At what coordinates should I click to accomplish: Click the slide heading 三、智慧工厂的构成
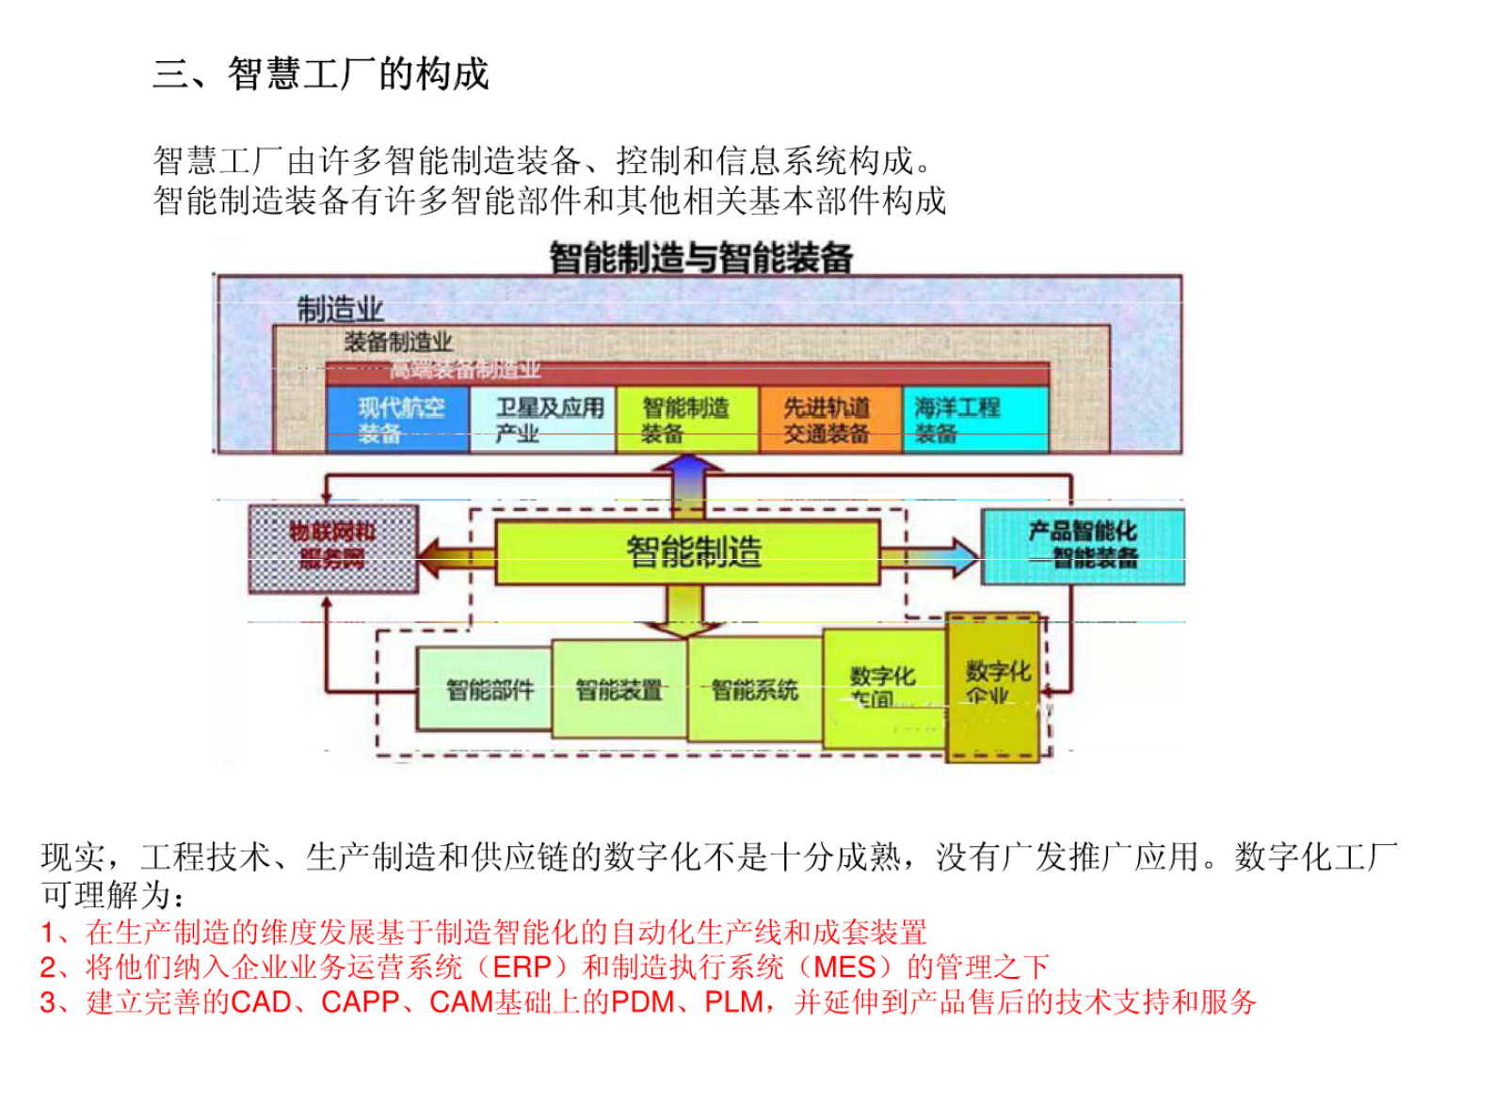321,74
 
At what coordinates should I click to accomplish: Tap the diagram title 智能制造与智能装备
700,257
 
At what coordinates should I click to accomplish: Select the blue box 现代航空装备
396,420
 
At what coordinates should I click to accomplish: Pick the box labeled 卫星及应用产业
542,420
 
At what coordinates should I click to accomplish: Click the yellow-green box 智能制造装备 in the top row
686,420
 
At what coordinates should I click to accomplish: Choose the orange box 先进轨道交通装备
829,420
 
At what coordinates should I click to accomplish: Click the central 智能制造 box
688,552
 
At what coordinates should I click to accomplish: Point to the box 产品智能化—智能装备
1082,546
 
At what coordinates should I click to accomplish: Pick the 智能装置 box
618,690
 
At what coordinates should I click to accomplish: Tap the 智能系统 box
754,690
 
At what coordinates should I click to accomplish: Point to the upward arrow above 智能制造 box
688,486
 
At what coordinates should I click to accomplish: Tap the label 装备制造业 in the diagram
397,343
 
